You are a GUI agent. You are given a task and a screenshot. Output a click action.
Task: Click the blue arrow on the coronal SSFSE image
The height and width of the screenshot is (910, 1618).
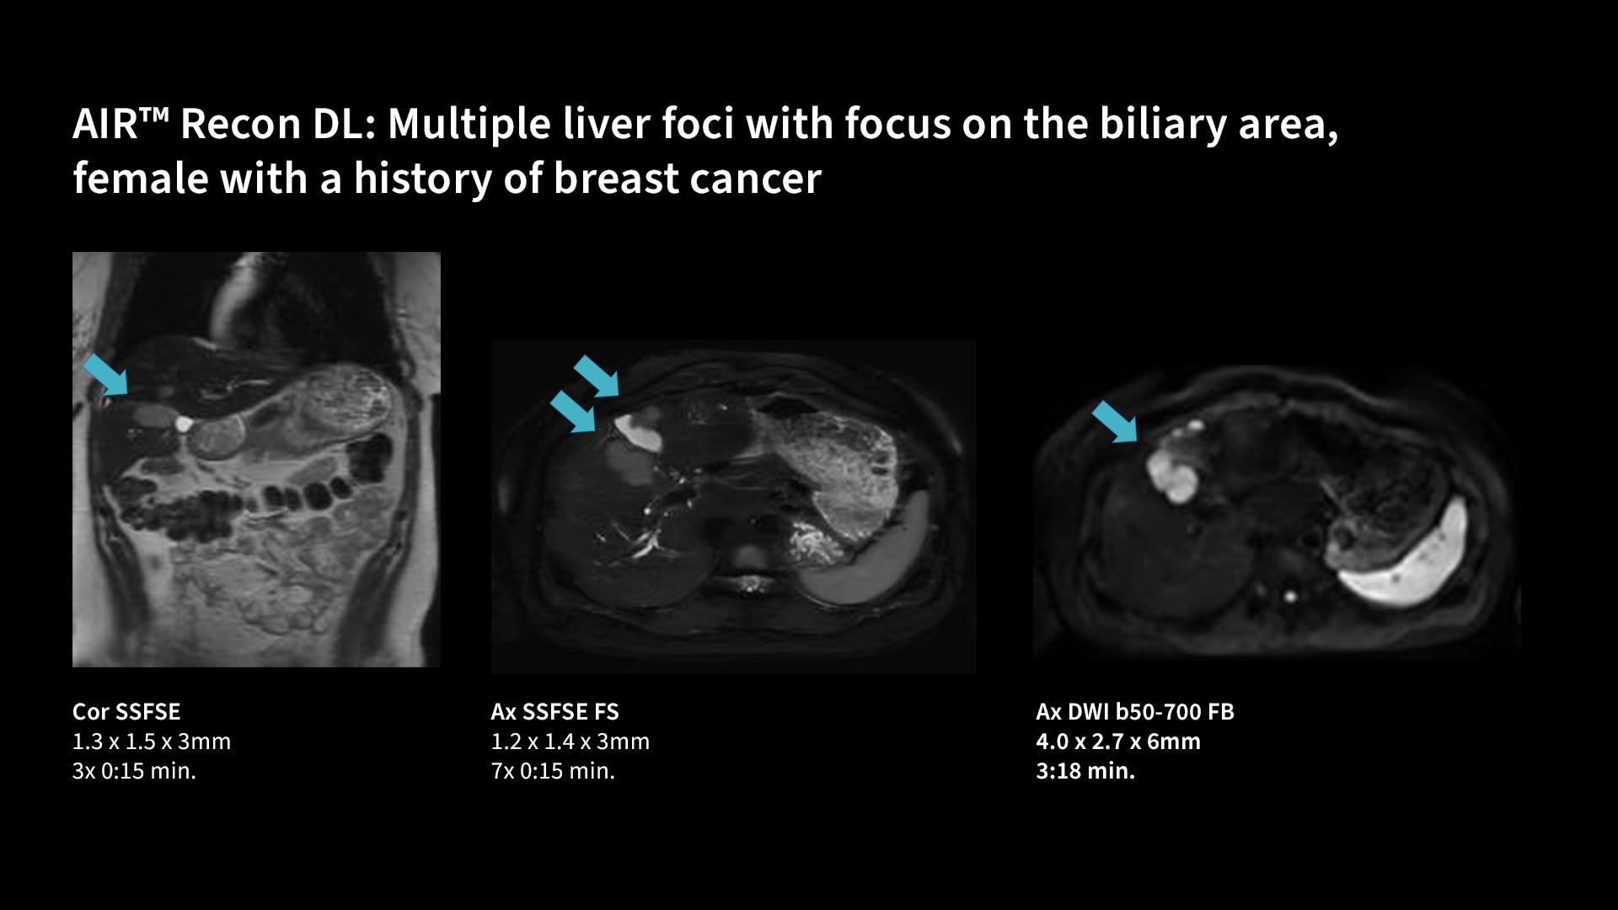coord(105,374)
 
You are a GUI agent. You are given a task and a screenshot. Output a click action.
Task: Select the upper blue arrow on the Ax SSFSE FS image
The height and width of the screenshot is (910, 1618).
coord(597,376)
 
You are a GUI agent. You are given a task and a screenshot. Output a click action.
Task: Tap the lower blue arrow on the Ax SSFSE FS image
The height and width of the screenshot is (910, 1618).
coord(573,411)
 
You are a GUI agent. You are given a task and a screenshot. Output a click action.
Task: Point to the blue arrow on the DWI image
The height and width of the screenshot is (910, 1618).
coord(1115,421)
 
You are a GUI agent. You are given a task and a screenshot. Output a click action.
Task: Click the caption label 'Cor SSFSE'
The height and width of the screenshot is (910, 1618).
coord(126,712)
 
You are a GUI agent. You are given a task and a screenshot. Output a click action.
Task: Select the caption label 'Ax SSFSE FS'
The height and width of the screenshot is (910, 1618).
coord(555,712)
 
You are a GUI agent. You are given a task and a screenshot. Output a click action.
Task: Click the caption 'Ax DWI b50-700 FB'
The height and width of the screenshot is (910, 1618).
coord(1135,712)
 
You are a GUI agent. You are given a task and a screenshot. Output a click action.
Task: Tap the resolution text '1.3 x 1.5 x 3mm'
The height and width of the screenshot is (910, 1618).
coord(152,741)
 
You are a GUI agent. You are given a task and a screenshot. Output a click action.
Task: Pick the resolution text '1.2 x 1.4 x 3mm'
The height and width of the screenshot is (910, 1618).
coord(571,741)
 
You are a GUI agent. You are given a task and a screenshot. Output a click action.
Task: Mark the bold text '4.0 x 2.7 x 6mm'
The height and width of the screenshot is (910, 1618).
coord(1118,741)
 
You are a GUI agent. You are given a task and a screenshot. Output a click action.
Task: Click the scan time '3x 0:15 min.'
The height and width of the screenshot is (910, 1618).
coord(134,771)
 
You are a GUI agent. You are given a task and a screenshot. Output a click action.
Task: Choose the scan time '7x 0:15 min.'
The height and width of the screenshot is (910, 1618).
coord(553,771)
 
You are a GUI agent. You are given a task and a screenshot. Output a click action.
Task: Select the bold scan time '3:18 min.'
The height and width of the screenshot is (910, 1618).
coord(1085,771)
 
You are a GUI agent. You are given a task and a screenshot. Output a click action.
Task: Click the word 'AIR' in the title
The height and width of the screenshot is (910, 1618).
coord(104,125)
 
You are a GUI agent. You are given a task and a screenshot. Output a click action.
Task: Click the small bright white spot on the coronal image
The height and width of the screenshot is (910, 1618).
coord(184,422)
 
